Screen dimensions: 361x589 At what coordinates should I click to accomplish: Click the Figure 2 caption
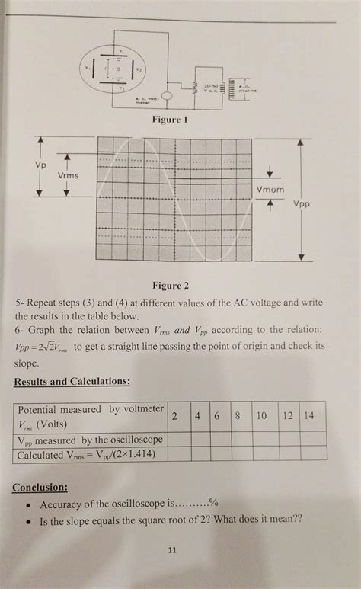171,286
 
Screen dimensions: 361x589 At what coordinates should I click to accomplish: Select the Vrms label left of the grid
68,176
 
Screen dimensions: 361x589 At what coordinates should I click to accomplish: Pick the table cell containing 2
175,417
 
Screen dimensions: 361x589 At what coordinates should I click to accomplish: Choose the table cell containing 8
238,417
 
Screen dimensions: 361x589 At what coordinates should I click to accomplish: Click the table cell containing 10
261,417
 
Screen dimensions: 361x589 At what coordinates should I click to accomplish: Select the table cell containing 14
308,417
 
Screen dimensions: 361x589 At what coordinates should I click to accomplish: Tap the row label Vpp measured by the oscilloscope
89,440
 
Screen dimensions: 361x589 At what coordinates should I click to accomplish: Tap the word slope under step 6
27,363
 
